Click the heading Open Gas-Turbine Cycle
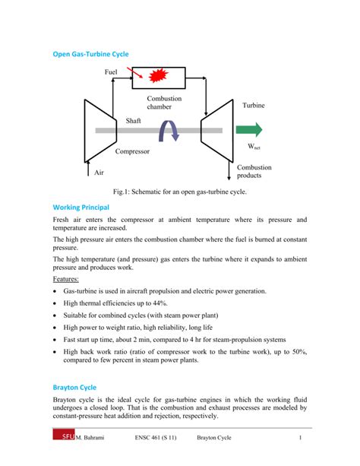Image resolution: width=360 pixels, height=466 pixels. pyautogui.click(x=90, y=54)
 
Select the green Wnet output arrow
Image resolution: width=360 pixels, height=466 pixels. pyautogui.click(x=252, y=128)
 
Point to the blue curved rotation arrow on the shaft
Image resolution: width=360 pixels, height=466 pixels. pyautogui.click(x=168, y=133)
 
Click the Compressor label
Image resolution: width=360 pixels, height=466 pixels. pyautogui.click(x=134, y=152)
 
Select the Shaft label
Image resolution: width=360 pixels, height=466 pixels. pyautogui.click(x=134, y=121)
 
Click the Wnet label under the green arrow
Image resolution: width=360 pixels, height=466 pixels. pyautogui.click(x=254, y=144)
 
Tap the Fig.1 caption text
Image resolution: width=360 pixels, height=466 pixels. pyautogui.click(x=180, y=192)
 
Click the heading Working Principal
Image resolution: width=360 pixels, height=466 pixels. pyautogui.click(x=81, y=207)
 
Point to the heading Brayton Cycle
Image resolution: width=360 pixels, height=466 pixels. pyautogui.click(x=74, y=387)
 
